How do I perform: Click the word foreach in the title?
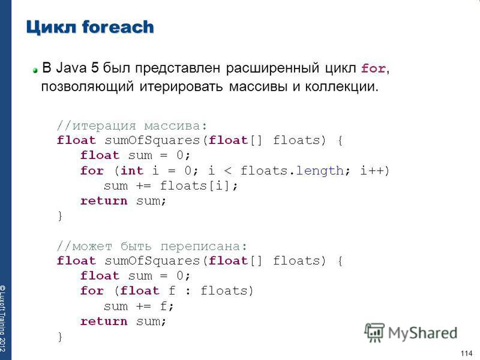(x=118, y=26)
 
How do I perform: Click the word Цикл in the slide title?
(x=51, y=27)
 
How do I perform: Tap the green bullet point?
(x=35, y=70)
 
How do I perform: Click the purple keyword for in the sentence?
(x=373, y=68)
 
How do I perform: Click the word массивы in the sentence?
(x=258, y=86)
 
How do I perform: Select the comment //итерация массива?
(x=132, y=125)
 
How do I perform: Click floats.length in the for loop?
(x=292, y=170)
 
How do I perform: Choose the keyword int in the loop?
(x=132, y=170)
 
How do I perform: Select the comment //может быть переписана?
(x=152, y=246)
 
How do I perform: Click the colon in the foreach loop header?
(x=188, y=291)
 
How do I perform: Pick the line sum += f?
(x=139, y=306)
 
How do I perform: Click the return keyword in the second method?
(x=104, y=321)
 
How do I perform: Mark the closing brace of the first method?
(x=60, y=216)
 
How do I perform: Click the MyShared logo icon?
(x=374, y=332)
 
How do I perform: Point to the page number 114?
(x=467, y=353)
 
